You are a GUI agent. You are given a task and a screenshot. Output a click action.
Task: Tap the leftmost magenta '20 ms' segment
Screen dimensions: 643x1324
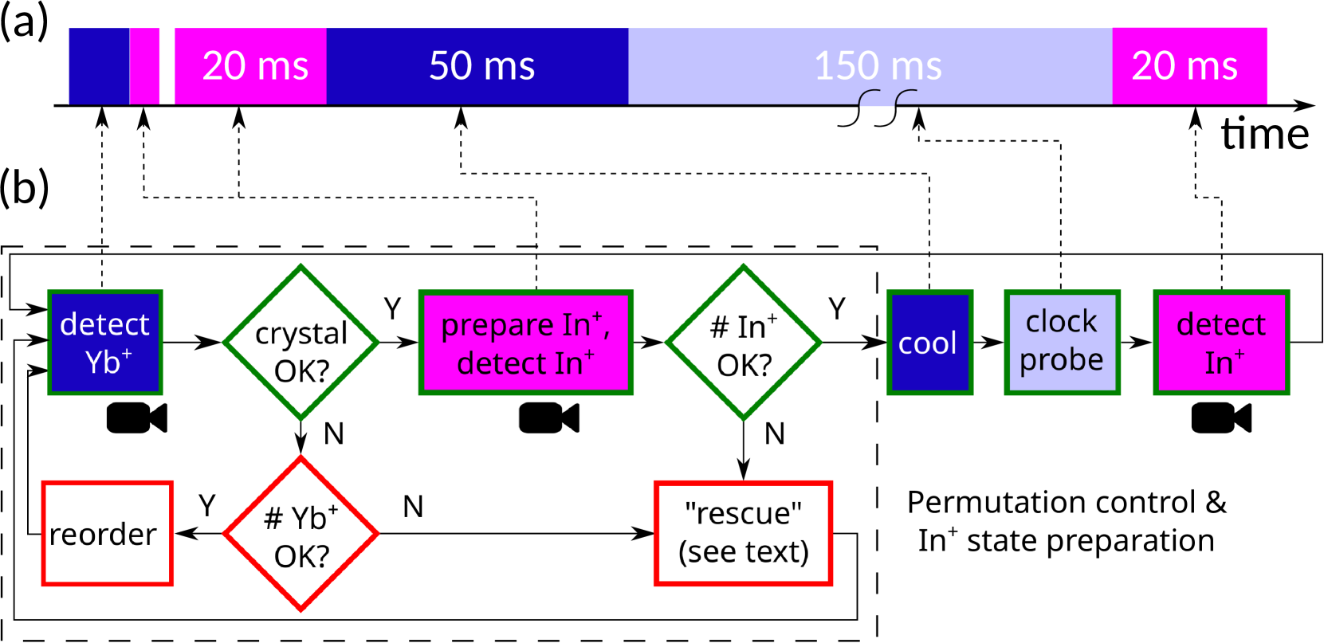tap(250, 66)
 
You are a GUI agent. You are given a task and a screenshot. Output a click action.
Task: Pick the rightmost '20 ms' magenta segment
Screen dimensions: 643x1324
tap(1188, 66)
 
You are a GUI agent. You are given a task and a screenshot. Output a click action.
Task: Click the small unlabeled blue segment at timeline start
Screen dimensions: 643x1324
tap(99, 66)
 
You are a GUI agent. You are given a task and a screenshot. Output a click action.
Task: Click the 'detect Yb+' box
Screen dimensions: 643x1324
tap(105, 343)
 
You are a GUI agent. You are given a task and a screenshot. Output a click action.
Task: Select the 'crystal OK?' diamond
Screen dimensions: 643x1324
tap(301, 343)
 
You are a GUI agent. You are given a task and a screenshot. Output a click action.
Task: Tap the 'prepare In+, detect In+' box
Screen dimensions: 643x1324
tap(526, 343)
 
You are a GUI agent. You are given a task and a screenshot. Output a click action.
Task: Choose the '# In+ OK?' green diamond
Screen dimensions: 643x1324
tap(744, 343)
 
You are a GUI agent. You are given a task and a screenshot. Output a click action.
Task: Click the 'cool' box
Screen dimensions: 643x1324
tap(929, 343)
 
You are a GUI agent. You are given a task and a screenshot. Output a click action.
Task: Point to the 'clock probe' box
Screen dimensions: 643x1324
tap(1062, 343)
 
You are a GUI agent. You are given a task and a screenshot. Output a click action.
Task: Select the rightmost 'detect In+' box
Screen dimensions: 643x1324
tap(1221, 343)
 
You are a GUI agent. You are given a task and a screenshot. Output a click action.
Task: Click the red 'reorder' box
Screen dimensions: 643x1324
tap(108, 534)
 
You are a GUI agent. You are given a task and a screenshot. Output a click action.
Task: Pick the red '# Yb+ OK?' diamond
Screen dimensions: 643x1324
tap(301, 534)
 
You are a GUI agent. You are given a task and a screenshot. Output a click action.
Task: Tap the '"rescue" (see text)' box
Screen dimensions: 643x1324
tap(743, 534)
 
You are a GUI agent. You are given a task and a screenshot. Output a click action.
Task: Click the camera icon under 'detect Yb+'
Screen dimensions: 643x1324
tap(136, 418)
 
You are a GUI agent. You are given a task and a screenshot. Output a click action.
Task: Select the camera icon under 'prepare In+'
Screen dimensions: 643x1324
tap(549, 418)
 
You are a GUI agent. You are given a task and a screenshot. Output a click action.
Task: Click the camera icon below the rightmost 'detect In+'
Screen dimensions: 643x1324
tap(1221, 418)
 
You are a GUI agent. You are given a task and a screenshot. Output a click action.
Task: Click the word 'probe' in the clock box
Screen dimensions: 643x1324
tap(1062, 360)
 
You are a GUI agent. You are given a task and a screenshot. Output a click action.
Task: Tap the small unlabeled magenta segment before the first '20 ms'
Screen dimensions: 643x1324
tap(145, 66)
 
